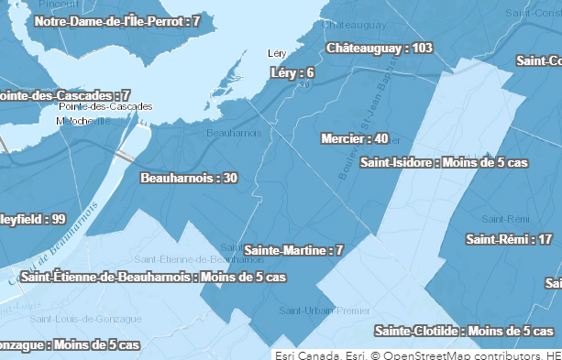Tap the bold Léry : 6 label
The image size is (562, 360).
(x=293, y=72)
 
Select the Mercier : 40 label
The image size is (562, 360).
(x=356, y=138)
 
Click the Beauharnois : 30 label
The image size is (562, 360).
(x=189, y=178)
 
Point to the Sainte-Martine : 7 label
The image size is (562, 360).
(x=293, y=250)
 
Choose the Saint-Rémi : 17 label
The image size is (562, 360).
(x=509, y=240)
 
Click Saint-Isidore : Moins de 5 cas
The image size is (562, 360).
(x=444, y=163)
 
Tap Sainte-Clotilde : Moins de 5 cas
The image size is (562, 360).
(x=464, y=331)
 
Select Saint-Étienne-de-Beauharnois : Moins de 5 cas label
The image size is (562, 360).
(x=153, y=277)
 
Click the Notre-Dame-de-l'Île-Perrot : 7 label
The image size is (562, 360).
(x=117, y=20)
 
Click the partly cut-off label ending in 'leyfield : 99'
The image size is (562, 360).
(x=33, y=219)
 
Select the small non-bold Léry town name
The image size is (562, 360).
(x=277, y=53)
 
